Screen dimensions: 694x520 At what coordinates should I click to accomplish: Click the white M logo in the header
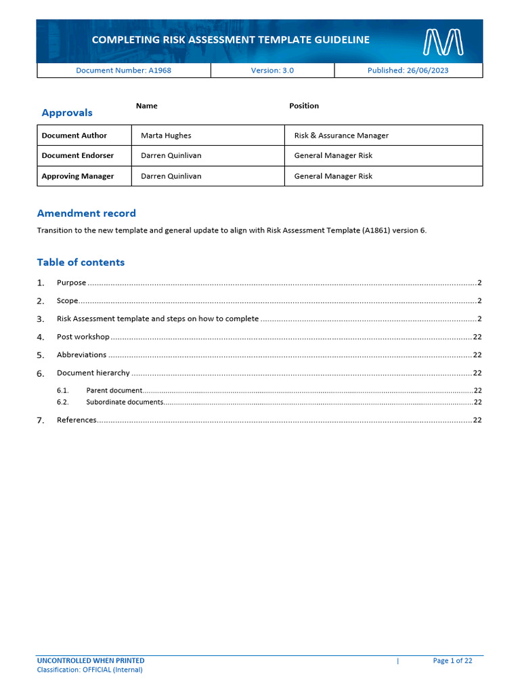(443, 42)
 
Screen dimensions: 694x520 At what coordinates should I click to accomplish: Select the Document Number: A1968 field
(123, 70)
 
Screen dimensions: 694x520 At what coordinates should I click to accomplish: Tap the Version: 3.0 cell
(272, 70)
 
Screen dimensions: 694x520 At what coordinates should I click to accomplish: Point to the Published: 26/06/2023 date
(408, 70)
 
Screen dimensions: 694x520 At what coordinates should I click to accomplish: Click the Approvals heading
(67, 113)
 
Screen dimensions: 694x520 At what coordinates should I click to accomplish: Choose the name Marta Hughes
(166, 136)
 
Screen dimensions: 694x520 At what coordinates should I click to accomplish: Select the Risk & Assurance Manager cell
(341, 136)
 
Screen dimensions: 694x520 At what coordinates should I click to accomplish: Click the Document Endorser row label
(78, 156)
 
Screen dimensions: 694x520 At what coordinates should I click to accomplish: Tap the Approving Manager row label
(78, 176)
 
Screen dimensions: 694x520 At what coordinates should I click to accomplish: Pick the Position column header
(304, 106)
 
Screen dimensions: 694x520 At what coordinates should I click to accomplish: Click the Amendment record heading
(86, 213)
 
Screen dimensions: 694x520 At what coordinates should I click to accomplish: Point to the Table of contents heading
(81, 262)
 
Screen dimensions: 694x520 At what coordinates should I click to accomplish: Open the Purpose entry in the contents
(71, 283)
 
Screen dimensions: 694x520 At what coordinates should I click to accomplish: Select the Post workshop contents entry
(83, 337)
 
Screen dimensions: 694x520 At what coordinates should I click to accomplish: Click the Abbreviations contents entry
(81, 354)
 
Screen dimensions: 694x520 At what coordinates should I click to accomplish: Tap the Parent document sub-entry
(114, 390)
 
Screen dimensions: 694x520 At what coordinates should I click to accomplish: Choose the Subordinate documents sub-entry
(125, 402)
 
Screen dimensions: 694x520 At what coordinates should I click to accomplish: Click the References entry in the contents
(77, 420)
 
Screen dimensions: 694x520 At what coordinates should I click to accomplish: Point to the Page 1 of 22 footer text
(452, 661)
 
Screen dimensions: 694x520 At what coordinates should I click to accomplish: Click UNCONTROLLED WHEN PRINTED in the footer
(91, 661)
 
